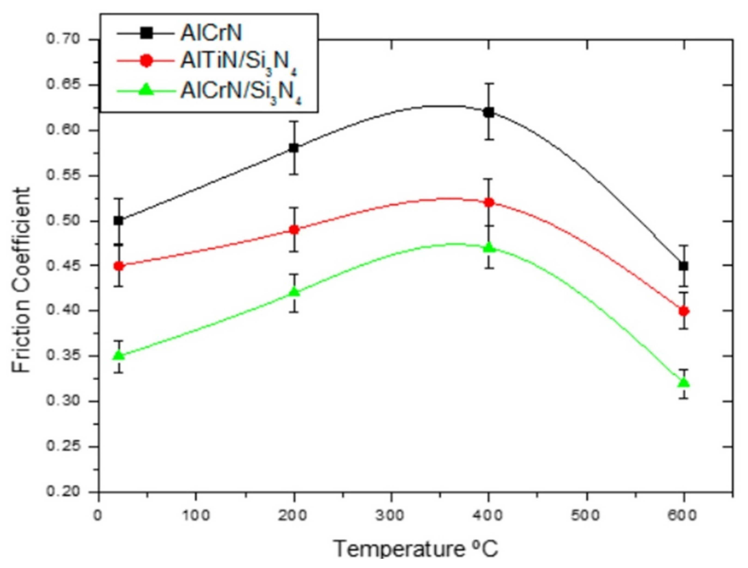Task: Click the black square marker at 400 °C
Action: [x=488, y=113]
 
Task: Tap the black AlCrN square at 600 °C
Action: [x=684, y=266]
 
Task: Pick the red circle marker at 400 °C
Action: [x=488, y=203]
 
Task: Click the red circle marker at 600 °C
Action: [x=684, y=311]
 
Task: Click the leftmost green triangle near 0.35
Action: [x=119, y=355]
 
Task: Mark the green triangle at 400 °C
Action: [x=488, y=248]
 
